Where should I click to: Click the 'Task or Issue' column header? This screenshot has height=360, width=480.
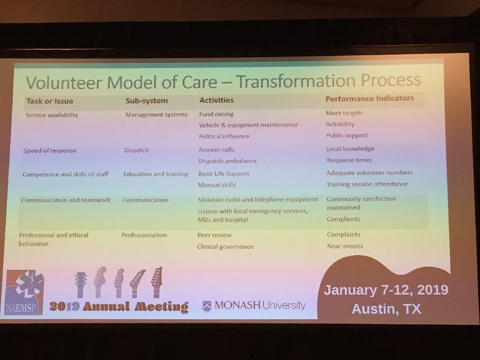tap(50, 101)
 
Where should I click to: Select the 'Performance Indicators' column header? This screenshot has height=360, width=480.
tap(369, 98)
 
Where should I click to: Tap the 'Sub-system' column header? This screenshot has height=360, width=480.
tap(147, 100)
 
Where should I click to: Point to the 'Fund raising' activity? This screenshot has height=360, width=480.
tap(216, 114)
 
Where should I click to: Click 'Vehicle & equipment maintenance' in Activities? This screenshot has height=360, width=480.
tap(248, 125)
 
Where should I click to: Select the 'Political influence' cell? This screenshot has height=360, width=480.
tap(224, 136)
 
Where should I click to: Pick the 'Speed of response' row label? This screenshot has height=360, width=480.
tap(50, 151)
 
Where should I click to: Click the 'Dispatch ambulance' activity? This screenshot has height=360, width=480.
tap(228, 161)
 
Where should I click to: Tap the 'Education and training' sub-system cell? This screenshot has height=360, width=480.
tap(156, 174)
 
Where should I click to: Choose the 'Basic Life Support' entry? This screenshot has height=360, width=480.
tap(223, 174)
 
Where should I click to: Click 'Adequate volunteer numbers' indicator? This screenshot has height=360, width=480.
tap(369, 172)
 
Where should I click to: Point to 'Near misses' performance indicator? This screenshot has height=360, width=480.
tap(345, 246)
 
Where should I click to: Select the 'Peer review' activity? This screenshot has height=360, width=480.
tap(214, 235)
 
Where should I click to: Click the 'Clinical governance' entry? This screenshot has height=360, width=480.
tap(225, 247)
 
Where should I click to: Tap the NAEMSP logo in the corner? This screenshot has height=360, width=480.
tap(25, 292)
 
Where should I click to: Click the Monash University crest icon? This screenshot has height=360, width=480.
tap(207, 306)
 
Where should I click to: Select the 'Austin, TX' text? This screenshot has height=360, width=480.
tap(386, 309)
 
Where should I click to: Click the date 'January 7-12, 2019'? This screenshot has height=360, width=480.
tap(386, 290)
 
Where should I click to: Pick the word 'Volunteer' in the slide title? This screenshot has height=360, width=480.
tap(64, 82)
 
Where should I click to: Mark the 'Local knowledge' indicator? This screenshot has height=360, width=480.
tap(350, 149)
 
